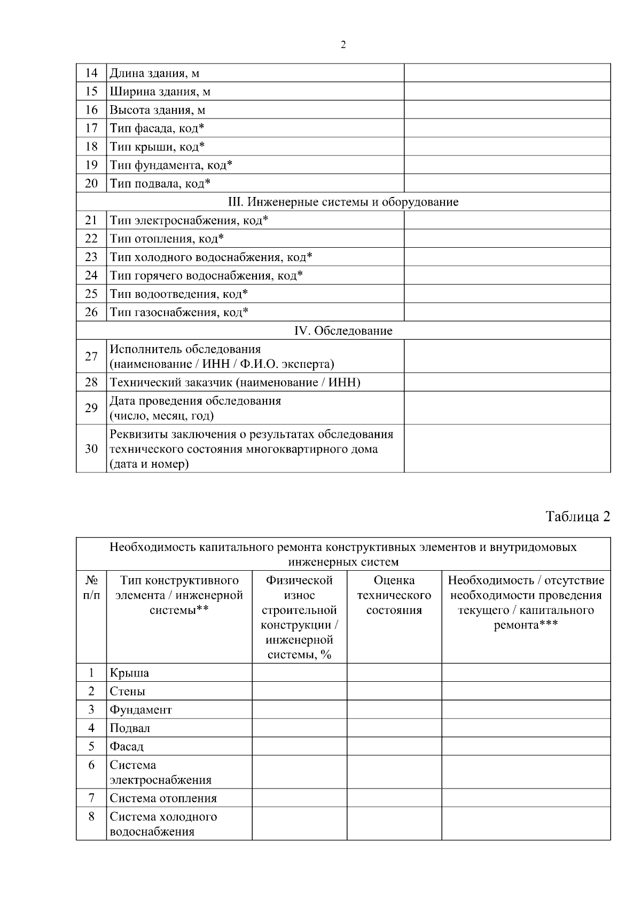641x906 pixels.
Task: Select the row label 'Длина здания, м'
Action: (x=154, y=73)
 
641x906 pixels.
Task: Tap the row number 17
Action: (x=91, y=128)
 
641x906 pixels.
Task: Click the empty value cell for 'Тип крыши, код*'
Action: (x=507, y=146)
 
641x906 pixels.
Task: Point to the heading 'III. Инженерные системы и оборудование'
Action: (x=343, y=202)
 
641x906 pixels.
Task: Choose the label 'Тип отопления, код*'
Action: (x=167, y=239)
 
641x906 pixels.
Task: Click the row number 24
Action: (x=91, y=275)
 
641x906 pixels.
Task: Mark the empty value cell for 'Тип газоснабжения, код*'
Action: (x=507, y=312)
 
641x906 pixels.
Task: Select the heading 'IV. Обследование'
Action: (x=343, y=330)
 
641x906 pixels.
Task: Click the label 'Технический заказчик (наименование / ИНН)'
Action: (x=235, y=382)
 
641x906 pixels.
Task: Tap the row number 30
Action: (x=91, y=448)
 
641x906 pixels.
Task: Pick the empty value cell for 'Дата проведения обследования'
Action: (x=507, y=408)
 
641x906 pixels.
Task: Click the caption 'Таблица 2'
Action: (x=577, y=516)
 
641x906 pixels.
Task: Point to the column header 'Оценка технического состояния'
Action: (x=394, y=595)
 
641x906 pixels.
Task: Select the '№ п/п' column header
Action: (x=91, y=587)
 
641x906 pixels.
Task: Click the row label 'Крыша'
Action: (x=129, y=673)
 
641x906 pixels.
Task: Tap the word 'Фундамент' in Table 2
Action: (x=141, y=710)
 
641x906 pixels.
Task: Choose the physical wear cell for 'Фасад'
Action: (x=299, y=746)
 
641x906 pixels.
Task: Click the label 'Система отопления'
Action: (x=163, y=798)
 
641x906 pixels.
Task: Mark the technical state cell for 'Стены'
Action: (x=394, y=691)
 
